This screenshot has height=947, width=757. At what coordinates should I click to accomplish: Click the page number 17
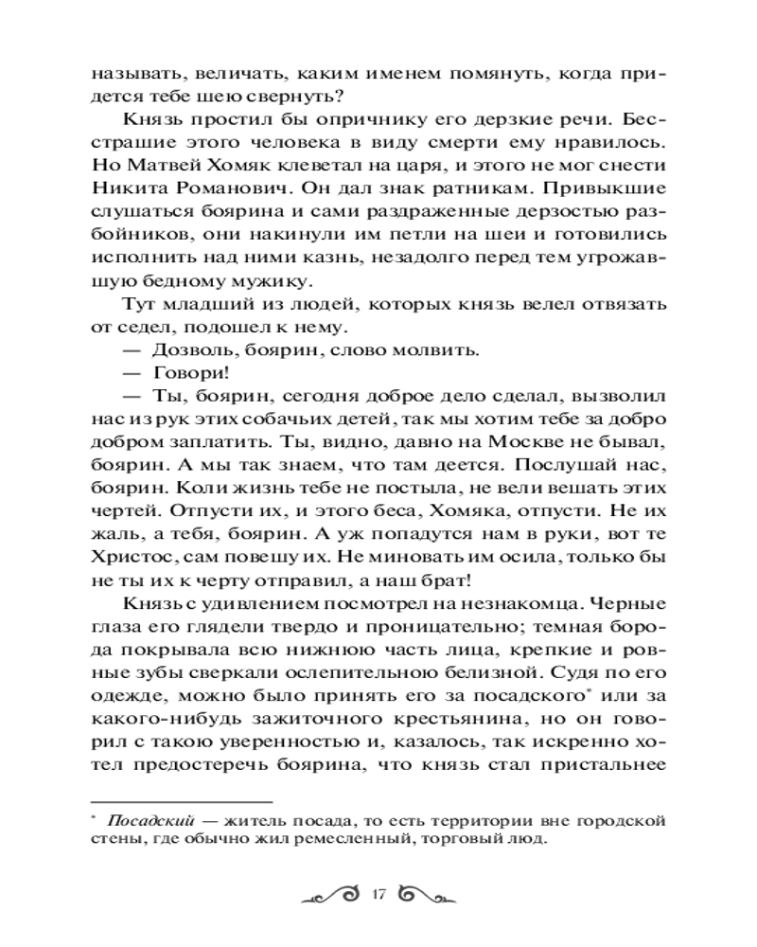[x=378, y=895]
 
